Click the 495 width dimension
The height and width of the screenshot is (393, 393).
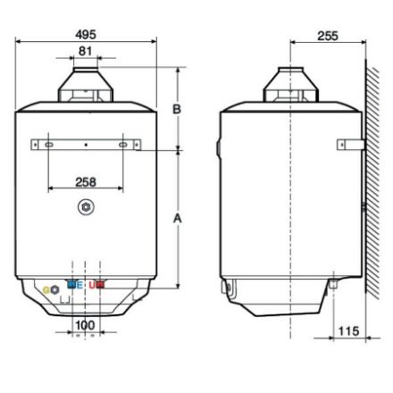(86, 35)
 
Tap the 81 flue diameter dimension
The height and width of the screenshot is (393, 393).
(85, 51)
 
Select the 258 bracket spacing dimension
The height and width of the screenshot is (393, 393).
(86, 182)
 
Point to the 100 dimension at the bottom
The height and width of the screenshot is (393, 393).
(85, 325)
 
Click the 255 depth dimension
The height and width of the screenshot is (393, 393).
(328, 36)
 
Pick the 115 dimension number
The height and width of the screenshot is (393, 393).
(348, 330)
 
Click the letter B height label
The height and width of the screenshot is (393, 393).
(177, 109)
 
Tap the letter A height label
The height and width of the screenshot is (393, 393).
(178, 218)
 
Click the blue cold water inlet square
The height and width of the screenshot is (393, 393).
(71, 285)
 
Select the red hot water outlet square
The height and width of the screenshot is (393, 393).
(100, 285)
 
